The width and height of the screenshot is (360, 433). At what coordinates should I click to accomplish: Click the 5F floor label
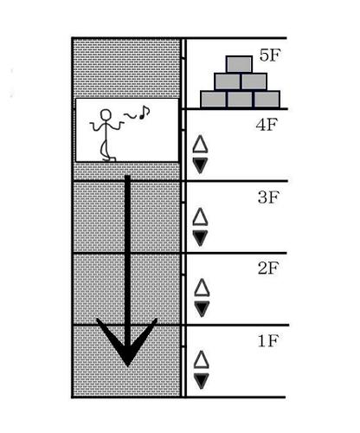[270, 55]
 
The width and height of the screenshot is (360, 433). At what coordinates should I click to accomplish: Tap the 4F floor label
[267, 125]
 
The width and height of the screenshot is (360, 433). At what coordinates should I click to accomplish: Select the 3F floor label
[268, 197]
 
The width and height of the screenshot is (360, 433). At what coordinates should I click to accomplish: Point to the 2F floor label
[268, 268]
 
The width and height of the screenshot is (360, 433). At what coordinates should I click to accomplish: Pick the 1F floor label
[268, 340]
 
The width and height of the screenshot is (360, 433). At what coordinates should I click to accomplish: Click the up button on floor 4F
[200, 144]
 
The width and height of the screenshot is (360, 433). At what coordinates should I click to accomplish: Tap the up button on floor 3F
[200, 216]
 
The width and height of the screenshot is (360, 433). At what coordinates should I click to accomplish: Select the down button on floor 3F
[200, 238]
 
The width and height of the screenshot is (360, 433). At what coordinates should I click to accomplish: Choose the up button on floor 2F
[202, 288]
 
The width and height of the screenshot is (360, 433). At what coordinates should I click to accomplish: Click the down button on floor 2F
[202, 309]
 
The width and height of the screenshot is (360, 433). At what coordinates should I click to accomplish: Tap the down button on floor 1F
[201, 381]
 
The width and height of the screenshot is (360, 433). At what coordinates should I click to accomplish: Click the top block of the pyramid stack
[239, 64]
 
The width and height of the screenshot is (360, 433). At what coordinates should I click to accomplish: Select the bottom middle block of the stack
[240, 100]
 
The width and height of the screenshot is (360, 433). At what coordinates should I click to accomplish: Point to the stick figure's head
[106, 114]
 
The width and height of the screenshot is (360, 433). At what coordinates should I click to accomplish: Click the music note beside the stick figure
[144, 113]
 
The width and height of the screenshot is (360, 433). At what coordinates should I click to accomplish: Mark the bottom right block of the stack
[267, 100]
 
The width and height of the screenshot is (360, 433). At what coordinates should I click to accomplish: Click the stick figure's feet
[109, 158]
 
